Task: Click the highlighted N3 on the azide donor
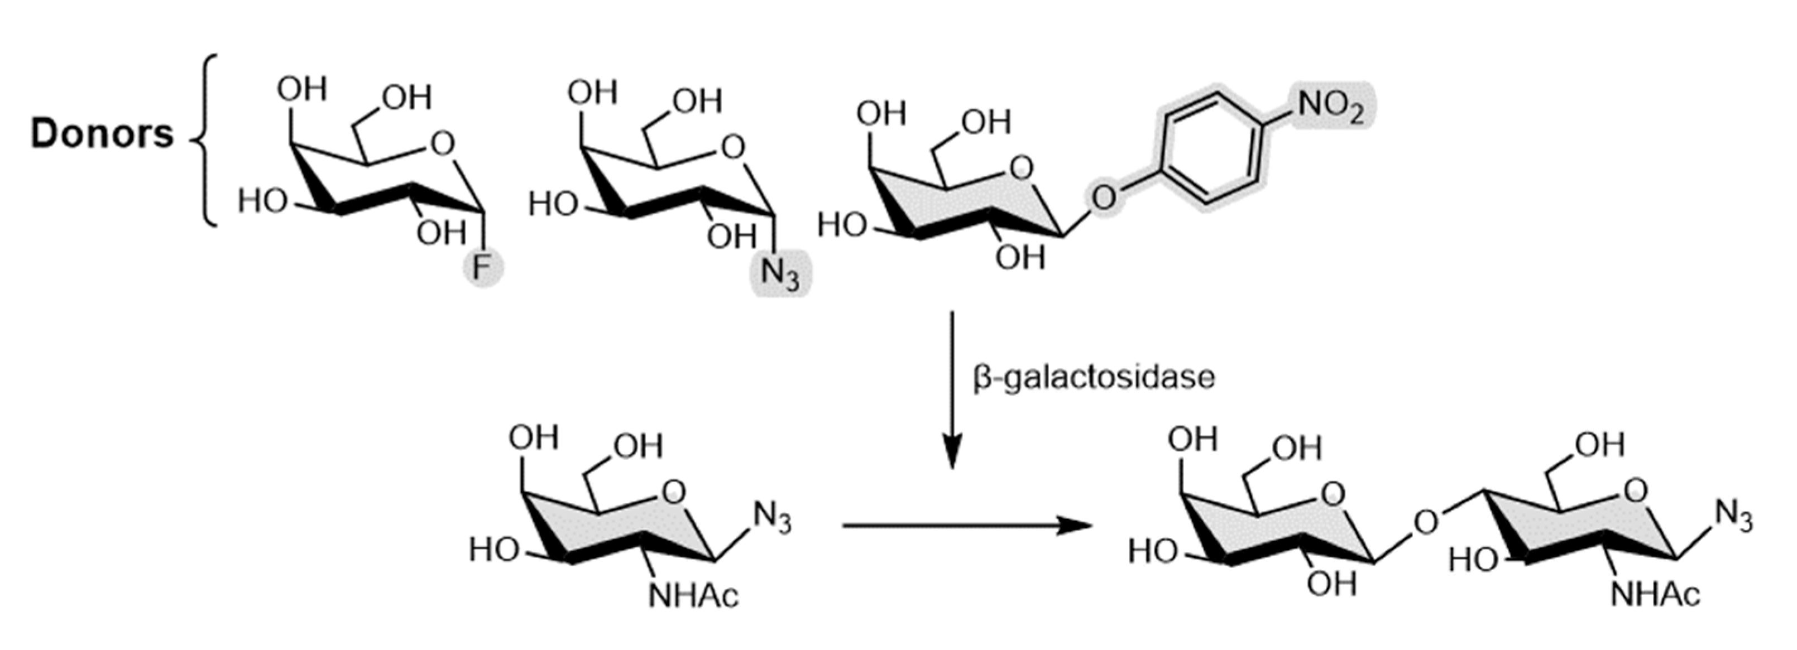[779, 273]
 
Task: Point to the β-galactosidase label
[1094, 377]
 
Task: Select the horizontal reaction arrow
[966, 525]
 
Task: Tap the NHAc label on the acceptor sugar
[693, 596]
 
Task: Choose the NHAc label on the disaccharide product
[1655, 595]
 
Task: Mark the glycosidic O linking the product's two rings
[1426, 522]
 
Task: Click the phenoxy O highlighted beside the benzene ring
[1104, 198]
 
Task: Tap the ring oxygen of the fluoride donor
[442, 145]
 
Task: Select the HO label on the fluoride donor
[262, 202]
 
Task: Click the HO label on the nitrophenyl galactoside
[842, 225]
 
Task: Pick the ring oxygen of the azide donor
[732, 147]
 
